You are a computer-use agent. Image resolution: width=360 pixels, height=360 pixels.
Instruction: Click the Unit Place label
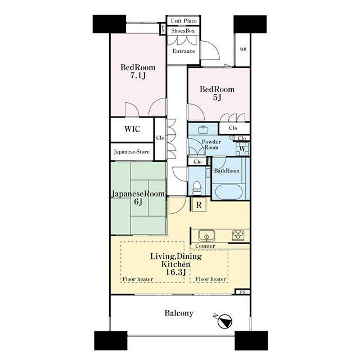click(184, 21)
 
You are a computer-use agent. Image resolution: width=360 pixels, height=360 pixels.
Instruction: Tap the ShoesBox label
click(183, 30)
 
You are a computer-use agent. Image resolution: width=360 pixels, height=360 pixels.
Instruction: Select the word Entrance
click(184, 51)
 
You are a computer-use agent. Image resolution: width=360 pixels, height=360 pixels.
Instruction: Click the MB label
click(243, 49)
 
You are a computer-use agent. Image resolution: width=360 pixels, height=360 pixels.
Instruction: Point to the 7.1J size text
click(138, 75)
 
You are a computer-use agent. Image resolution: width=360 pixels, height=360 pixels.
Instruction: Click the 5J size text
click(217, 97)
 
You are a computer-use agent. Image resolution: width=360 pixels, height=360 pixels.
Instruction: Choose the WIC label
click(132, 129)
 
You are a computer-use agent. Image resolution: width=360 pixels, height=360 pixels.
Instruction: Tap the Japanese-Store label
click(132, 152)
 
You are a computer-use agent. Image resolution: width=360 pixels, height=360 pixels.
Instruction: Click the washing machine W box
click(242, 148)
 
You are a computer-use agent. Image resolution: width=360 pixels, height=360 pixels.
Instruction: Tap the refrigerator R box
click(199, 205)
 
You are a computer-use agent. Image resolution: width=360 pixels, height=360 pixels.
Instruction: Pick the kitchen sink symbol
click(206, 236)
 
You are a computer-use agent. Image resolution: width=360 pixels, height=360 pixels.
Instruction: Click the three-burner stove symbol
click(238, 235)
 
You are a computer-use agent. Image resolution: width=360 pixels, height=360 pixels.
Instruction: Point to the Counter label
click(205, 246)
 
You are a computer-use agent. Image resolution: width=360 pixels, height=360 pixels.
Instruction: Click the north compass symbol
click(224, 321)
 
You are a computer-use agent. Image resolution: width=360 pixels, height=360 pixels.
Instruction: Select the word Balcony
click(179, 313)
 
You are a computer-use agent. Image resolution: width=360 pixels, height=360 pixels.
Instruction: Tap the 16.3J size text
click(175, 272)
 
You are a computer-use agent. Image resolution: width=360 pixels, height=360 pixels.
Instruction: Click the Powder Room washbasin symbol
click(203, 130)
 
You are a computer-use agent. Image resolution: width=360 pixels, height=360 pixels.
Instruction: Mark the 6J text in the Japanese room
click(138, 202)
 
